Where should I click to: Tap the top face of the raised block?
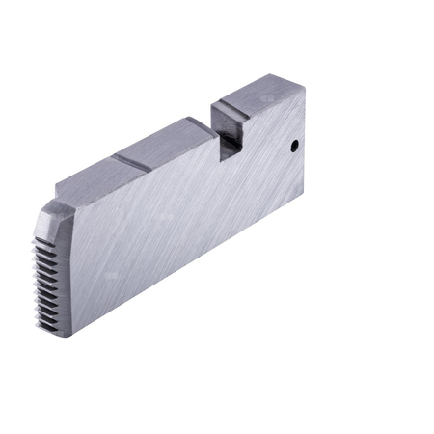[258, 95]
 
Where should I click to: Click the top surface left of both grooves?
[92, 178]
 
